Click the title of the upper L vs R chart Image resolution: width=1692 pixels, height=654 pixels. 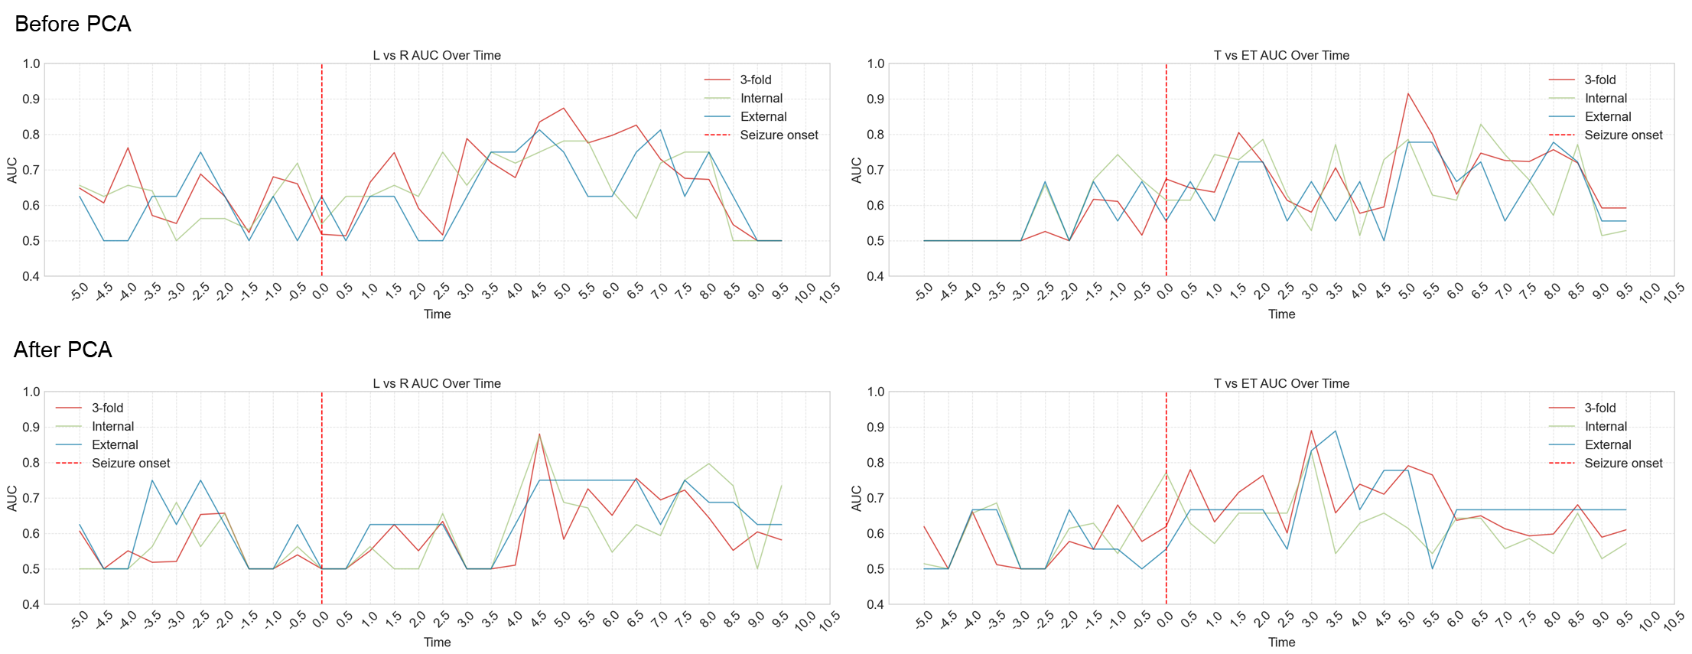pos(437,55)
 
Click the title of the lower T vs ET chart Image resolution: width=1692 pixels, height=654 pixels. pos(1281,383)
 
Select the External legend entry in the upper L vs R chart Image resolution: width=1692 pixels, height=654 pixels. pos(763,116)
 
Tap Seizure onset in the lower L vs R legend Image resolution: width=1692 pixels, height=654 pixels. pos(131,463)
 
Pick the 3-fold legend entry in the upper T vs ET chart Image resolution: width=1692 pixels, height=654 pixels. pos(1599,80)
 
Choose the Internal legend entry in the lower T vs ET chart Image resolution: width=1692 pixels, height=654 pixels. pos(1606,426)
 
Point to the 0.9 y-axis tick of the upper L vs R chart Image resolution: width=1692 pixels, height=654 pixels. pos(31,99)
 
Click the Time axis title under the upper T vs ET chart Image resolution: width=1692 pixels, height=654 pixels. pos(1281,314)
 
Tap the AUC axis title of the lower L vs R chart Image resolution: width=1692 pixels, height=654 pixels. pos(12,498)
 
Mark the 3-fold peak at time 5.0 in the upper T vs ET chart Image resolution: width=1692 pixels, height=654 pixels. pos(1407,93)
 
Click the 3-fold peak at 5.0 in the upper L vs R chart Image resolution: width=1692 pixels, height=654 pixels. pos(563,108)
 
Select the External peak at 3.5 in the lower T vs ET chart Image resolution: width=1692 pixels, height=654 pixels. pos(1336,431)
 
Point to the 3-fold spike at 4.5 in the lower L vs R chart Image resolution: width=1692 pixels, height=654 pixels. pos(539,434)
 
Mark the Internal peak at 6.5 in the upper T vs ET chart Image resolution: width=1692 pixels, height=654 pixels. pos(1480,124)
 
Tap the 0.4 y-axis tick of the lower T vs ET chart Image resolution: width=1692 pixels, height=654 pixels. pos(875,604)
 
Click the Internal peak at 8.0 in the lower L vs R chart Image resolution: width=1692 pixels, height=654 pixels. pos(709,464)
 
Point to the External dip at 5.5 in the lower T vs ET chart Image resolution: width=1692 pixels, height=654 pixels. pos(1432,568)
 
